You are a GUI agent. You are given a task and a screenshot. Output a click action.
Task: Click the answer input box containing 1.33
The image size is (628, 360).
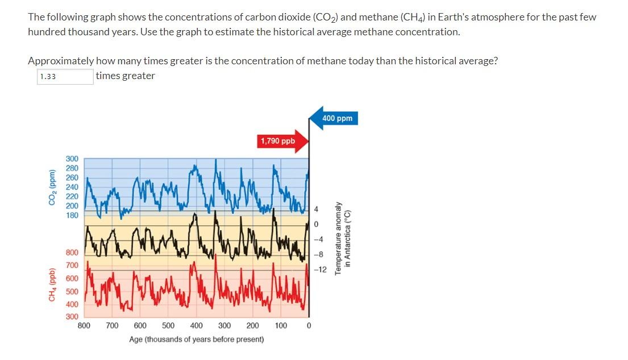[65, 77]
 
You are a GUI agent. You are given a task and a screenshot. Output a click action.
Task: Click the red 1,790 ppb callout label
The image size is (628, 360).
[277, 140]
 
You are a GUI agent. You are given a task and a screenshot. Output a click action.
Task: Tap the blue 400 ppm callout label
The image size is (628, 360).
[337, 118]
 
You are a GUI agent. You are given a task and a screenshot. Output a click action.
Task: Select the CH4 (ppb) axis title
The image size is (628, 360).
[52, 284]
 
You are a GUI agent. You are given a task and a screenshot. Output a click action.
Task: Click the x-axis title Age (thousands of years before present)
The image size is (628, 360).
[196, 340]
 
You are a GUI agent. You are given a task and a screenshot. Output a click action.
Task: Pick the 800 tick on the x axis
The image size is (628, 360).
[84, 326]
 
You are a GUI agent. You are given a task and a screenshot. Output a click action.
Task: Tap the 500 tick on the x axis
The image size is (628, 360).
[168, 326]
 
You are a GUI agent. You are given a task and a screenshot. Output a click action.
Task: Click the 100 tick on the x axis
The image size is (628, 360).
[281, 326]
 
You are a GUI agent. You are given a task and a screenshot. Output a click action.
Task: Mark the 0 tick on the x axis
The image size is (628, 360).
[309, 326]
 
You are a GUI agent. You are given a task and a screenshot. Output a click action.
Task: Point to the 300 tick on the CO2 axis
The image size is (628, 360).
[72, 159]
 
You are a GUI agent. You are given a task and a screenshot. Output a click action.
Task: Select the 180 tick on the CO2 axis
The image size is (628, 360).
[72, 215]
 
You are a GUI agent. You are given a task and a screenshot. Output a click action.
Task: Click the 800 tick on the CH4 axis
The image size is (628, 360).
[72, 253]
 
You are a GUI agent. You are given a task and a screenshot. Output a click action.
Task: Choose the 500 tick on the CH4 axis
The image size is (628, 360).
[72, 291]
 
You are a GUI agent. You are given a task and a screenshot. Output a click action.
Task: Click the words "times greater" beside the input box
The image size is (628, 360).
[125, 76]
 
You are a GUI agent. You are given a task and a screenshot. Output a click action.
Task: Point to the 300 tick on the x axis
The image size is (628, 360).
[224, 326]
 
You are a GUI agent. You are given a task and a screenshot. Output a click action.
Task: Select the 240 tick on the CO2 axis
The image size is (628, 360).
[72, 187]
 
